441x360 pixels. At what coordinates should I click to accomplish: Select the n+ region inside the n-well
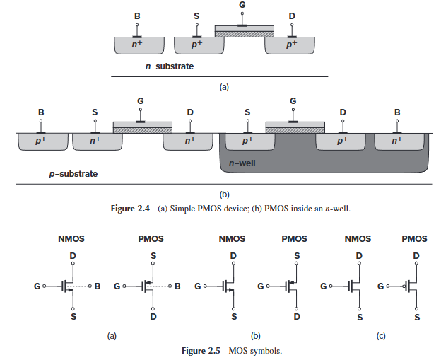(x=397, y=141)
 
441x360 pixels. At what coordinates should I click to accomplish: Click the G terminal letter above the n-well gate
(x=293, y=101)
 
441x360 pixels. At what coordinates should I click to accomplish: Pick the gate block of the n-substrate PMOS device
(x=244, y=31)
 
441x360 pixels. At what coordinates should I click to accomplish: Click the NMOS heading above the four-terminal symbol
(x=71, y=240)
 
